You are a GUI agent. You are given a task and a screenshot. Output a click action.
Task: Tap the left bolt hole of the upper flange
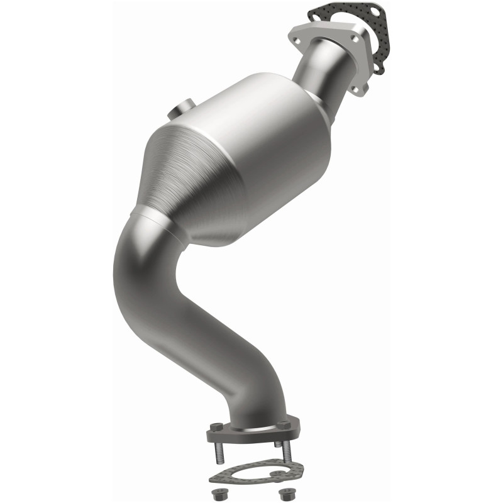[x=296, y=39]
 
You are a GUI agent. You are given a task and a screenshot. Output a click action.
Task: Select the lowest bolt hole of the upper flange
[x=360, y=90]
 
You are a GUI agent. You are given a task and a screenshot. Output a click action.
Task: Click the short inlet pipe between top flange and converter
[x=324, y=69]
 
